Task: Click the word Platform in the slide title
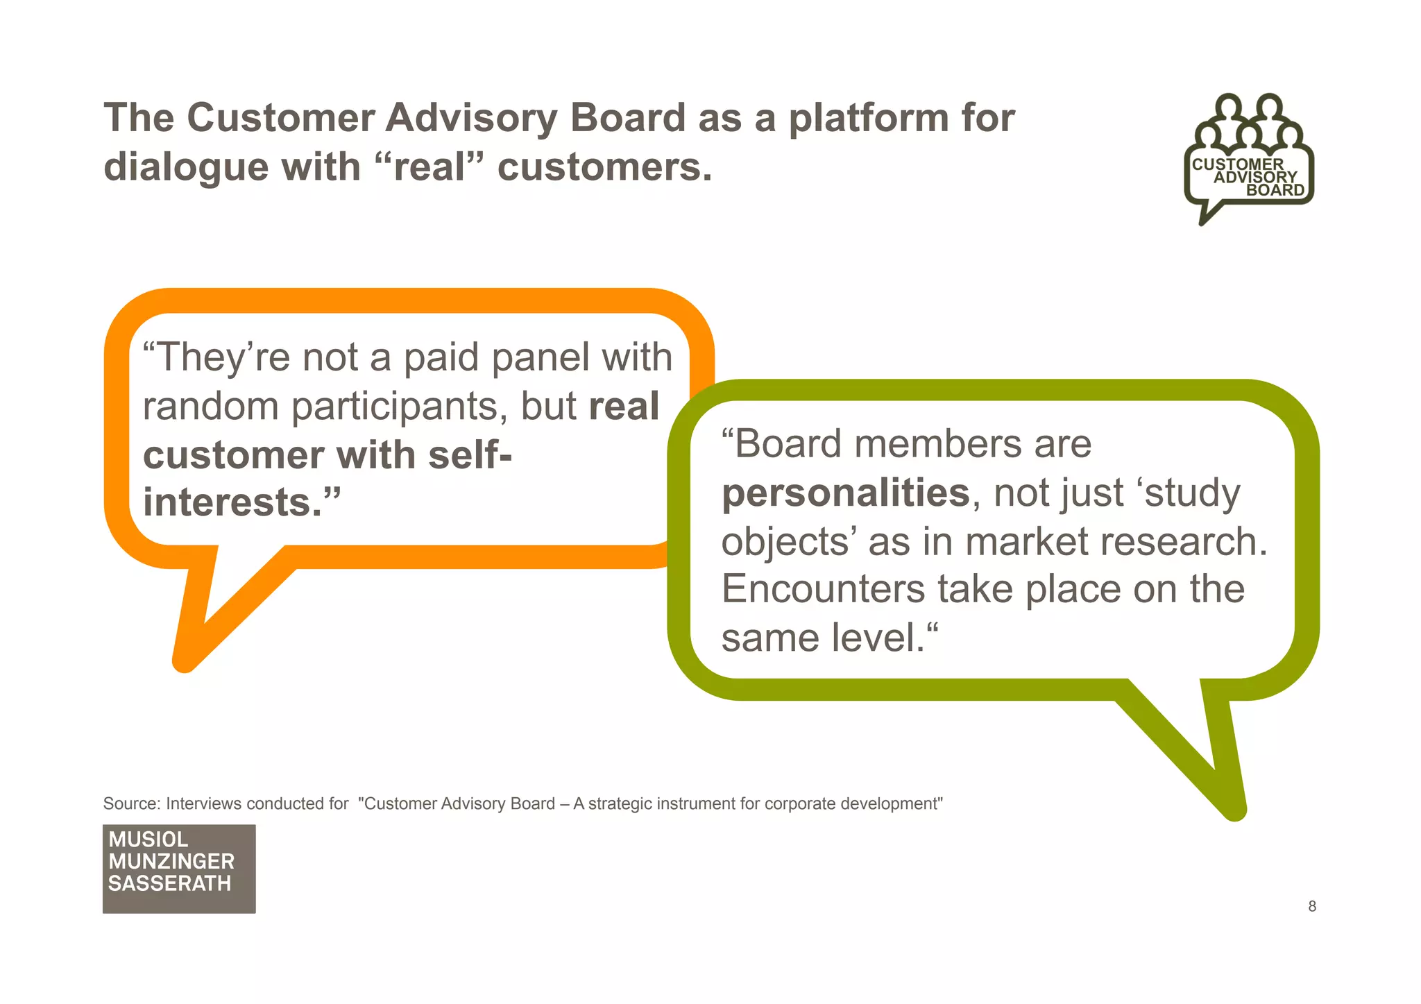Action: point(867,119)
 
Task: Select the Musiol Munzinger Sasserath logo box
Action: point(179,868)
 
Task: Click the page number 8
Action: point(1311,906)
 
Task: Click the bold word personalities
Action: point(845,493)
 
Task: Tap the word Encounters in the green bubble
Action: point(823,589)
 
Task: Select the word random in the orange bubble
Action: point(210,406)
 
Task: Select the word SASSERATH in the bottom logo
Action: point(170,883)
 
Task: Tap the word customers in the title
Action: point(604,167)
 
